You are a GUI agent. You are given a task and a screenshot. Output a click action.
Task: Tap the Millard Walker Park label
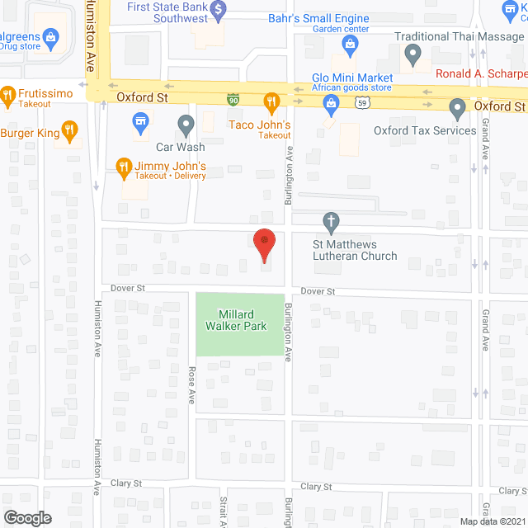point(243,320)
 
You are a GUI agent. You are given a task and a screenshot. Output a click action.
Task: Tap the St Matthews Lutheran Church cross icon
point(331,221)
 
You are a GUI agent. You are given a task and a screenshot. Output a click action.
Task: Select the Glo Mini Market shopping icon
point(331,102)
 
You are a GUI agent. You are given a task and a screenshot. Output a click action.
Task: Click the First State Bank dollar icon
point(218,10)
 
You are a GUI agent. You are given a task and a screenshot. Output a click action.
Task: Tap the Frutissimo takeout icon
point(8,95)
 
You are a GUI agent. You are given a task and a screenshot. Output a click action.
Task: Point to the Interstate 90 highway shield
point(234,98)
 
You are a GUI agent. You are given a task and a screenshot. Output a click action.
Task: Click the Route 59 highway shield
point(361,101)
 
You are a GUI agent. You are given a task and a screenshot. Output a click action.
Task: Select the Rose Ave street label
point(191,384)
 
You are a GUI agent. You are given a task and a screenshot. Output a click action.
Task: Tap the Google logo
point(26,517)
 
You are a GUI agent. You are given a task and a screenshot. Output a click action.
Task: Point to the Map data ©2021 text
point(493,521)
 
